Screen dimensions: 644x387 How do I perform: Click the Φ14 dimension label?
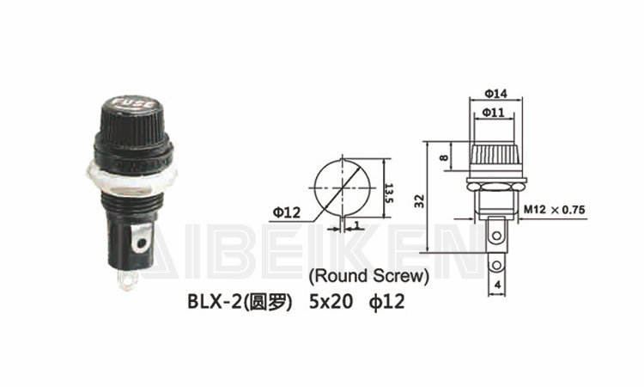(495, 94)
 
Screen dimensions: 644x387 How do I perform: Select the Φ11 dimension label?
(493, 113)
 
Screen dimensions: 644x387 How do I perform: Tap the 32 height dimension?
(419, 201)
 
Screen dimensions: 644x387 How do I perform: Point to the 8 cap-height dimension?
(444, 157)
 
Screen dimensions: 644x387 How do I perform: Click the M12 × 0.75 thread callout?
(554, 210)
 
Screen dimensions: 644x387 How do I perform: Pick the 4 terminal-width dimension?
(497, 285)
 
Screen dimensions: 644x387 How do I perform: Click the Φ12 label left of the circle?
(287, 212)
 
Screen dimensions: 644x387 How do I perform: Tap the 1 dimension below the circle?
(356, 224)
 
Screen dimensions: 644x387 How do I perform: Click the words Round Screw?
(369, 276)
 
